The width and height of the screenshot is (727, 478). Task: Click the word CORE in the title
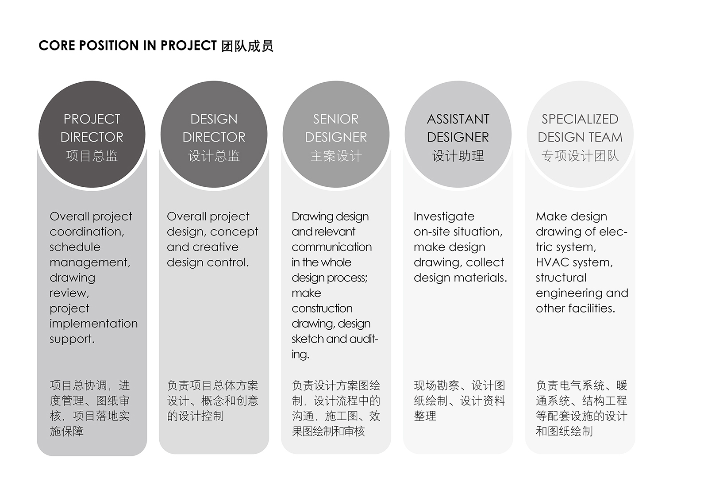pos(57,46)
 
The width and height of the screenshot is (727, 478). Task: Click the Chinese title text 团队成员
pos(247,46)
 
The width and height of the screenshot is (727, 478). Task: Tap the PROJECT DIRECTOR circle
pos(92,134)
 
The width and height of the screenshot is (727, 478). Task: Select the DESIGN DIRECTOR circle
pos(214,134)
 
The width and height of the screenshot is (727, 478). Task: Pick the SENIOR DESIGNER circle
pos(336,134)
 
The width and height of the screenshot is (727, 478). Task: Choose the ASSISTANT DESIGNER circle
pos(458,134)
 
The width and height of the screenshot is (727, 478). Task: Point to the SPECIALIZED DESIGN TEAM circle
pos(580,134)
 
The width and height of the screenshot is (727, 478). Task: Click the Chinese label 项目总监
pos(92,156)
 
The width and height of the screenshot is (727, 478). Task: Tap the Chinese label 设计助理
pos(458,156)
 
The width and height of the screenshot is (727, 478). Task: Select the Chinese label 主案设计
pos(336,156)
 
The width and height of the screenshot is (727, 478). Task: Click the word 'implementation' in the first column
pos(93,324)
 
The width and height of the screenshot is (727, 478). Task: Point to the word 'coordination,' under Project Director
pos(87,232)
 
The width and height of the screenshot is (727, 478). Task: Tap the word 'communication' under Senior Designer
pos(331,247)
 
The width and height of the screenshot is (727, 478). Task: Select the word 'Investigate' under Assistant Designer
pos(444,217)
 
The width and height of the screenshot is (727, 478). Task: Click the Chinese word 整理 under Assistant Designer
pos(425,416)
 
